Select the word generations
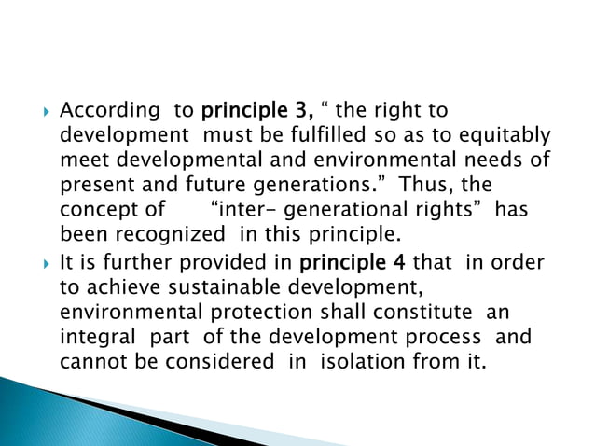point(312,185)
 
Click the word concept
point(94,209)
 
